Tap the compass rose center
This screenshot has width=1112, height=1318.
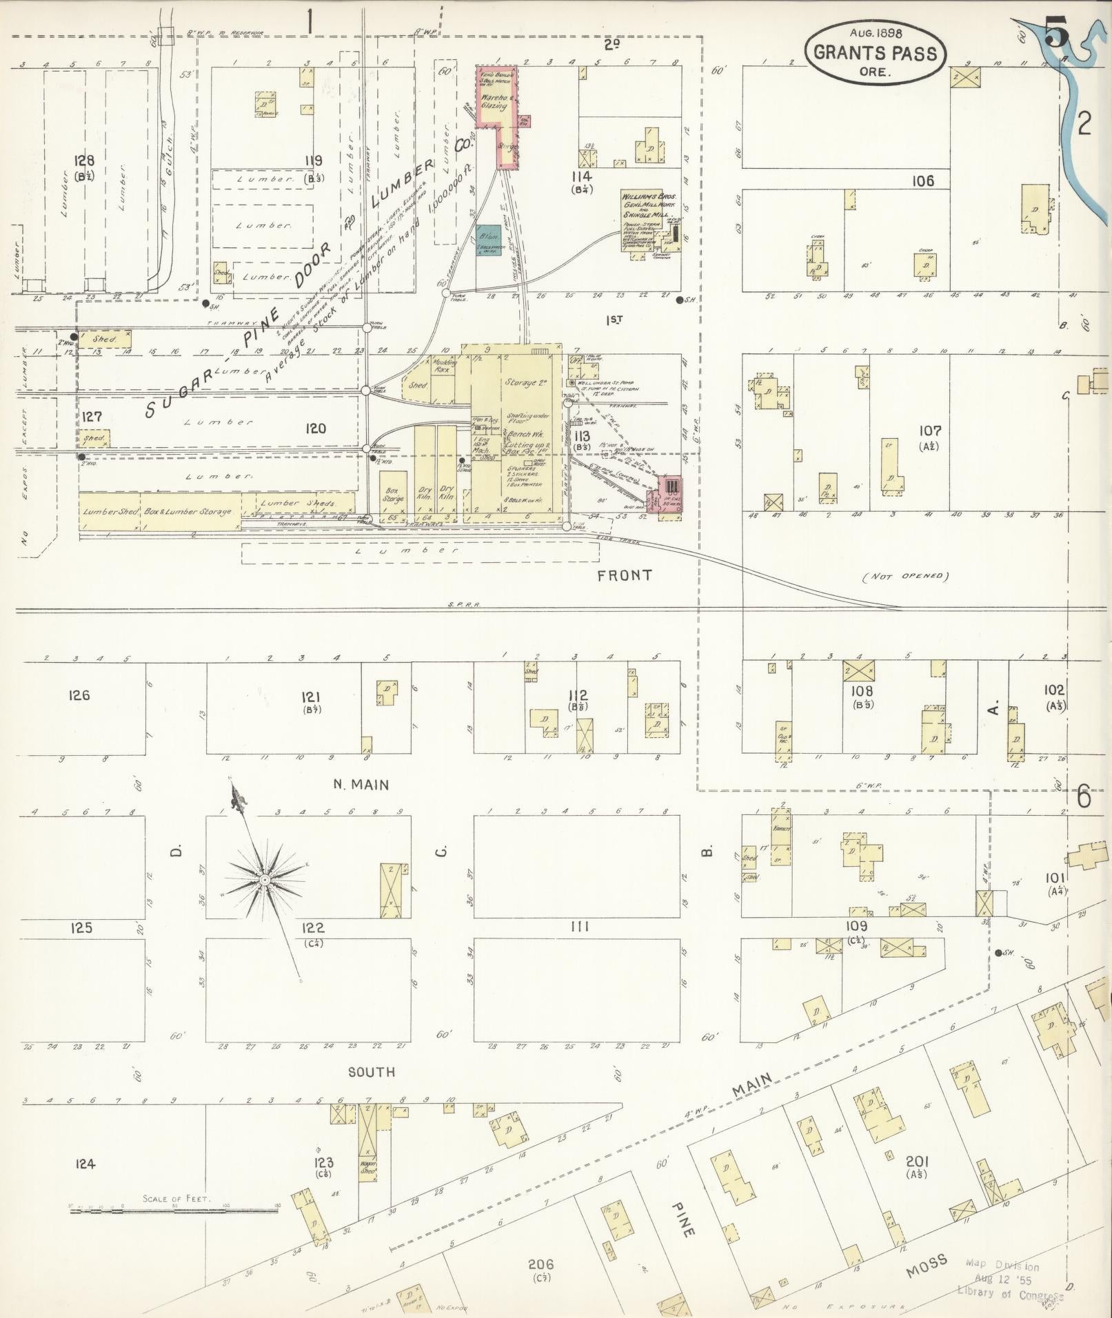(x=265, y=881)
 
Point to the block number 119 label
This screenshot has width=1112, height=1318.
(x=313, y=161)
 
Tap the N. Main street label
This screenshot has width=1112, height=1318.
(x=361, y=784)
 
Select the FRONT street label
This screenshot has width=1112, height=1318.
(x=625, y=575)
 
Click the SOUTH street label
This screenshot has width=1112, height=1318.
(x=371, y=1071)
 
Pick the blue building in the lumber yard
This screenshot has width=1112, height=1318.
(x=488, y=241)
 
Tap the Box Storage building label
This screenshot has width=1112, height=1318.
(x=393, y=495)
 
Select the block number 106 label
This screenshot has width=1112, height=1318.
(x=922, y=181)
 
